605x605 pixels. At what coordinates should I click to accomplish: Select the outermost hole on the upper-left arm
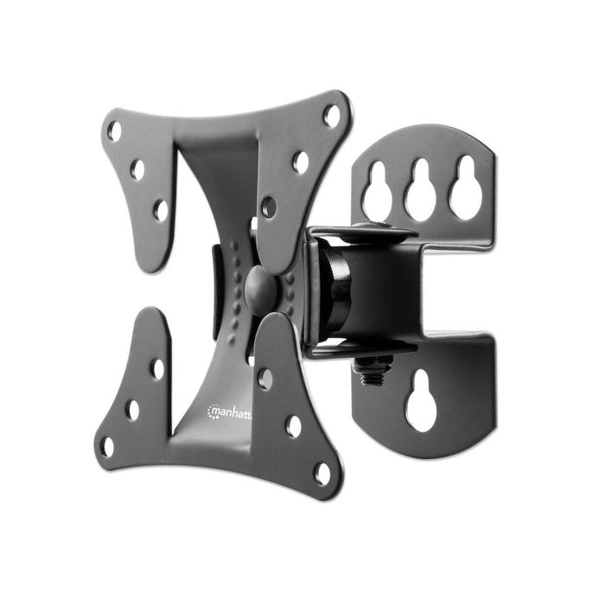click(114, 131)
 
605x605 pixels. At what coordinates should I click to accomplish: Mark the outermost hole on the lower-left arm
click(107, 447)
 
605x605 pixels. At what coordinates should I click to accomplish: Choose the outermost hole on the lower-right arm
click(322, 472)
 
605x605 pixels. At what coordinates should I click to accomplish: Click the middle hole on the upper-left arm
click(137, 169)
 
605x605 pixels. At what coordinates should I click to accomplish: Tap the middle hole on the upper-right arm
click(300, 162)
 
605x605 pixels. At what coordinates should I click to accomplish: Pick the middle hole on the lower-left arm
click(132, 409)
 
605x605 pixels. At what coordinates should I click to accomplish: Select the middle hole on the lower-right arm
click(294, 425)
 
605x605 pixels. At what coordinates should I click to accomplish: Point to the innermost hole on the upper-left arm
click(161, 209)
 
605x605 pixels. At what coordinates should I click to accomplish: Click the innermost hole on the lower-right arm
click(265, 379)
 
